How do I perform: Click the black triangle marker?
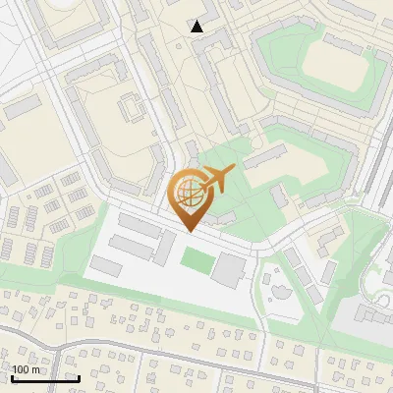point(197,27)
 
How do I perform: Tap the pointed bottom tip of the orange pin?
point(189,231)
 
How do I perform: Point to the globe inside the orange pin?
point(190,196)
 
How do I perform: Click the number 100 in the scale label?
point(21,369)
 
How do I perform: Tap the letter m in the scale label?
point(36,369)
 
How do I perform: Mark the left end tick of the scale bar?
point(12,377)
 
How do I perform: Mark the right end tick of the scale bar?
point(79,377)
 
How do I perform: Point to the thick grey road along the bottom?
point(196,351)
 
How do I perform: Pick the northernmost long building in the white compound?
point(139,227)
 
